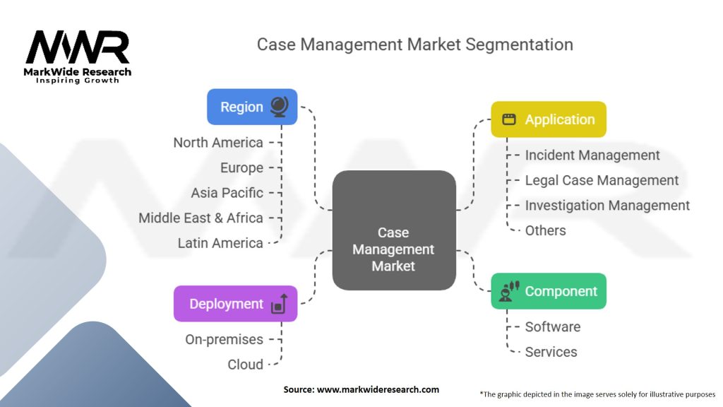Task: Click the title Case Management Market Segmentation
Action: (x=414, y=45)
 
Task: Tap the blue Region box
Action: (x=251, y=107)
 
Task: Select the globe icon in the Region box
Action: (x=279, y=107)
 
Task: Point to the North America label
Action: (x=218, y=143)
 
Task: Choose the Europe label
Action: (x=241, y=168)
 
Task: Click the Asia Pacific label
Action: (x=227, y=193)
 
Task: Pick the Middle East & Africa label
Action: (x=201, y=218)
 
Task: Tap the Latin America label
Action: (x=220, y=243)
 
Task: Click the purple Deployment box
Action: (x=235, y=304)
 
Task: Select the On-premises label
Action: (x=224, y=340)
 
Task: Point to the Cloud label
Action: (x=245, y=365)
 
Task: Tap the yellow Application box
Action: (x=549, y=119)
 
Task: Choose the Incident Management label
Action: (x=592, y=155)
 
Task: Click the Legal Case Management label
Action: (x=602, y=181)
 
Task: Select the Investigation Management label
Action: (x=607, y=206)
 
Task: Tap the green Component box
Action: (x=549, y=291)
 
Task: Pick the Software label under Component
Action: (x=553, y=327)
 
